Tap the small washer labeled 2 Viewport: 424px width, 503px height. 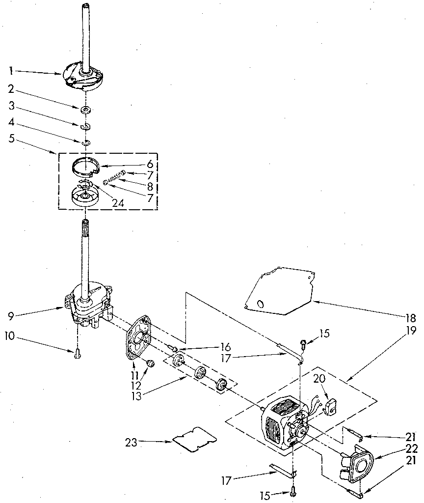pos(86,109)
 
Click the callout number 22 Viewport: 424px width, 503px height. pos(410,448)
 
